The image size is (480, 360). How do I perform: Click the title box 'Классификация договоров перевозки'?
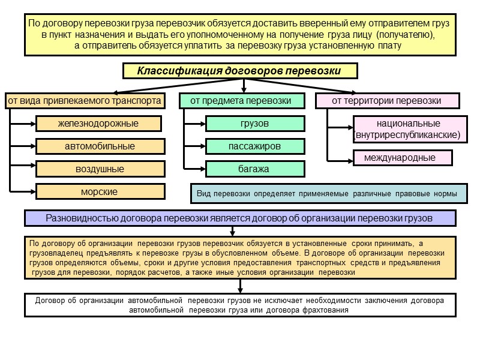click(240, 71)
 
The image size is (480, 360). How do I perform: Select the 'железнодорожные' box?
click(98, 124)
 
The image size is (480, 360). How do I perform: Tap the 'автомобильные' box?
click(100, 146)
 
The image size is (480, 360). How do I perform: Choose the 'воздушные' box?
click(100, 169)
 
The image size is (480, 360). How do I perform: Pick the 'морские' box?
click(100, 192)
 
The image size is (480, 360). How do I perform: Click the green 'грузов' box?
click(255, 124)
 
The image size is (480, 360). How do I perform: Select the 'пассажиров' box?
click(255, 146)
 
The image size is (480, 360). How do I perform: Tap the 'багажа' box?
click(255, 169)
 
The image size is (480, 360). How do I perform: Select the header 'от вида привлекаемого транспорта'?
click(84, 101)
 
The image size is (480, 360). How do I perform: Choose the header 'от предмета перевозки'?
click(241, 101)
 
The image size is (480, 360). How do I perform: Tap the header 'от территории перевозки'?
click(387, 101)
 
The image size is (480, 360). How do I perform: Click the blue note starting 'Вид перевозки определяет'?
click(328, 194)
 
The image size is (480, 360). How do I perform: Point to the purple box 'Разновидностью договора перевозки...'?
click(240, 218)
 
